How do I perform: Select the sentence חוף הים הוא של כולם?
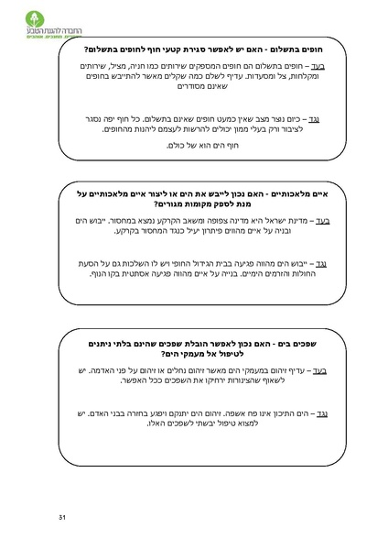[199, 145]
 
